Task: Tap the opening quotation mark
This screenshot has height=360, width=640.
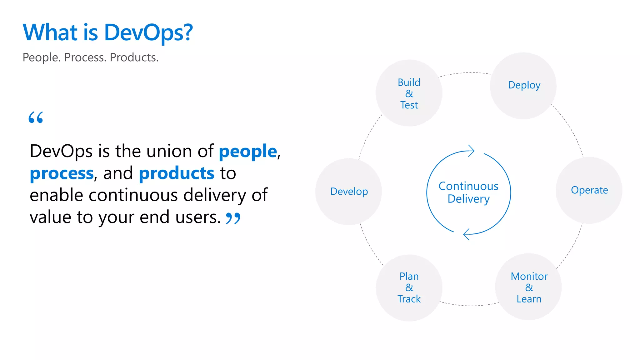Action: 36,117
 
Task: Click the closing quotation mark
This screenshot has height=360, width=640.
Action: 233,218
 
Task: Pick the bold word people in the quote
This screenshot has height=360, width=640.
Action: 248,152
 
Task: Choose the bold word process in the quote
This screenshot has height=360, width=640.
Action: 62,173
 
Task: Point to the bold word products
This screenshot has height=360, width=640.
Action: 177,173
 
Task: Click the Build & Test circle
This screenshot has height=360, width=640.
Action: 409,93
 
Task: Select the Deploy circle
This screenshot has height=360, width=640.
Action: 523,85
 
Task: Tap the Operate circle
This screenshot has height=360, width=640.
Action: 589,190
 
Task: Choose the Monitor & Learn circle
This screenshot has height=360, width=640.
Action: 528,287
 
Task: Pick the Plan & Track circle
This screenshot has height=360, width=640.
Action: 409,288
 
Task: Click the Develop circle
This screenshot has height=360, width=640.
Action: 349,191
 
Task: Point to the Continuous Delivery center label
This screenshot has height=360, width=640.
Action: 468,192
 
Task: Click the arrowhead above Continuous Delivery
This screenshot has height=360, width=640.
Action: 471,151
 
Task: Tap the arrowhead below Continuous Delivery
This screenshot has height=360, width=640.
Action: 467,234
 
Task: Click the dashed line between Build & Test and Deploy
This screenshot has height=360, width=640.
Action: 466,73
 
